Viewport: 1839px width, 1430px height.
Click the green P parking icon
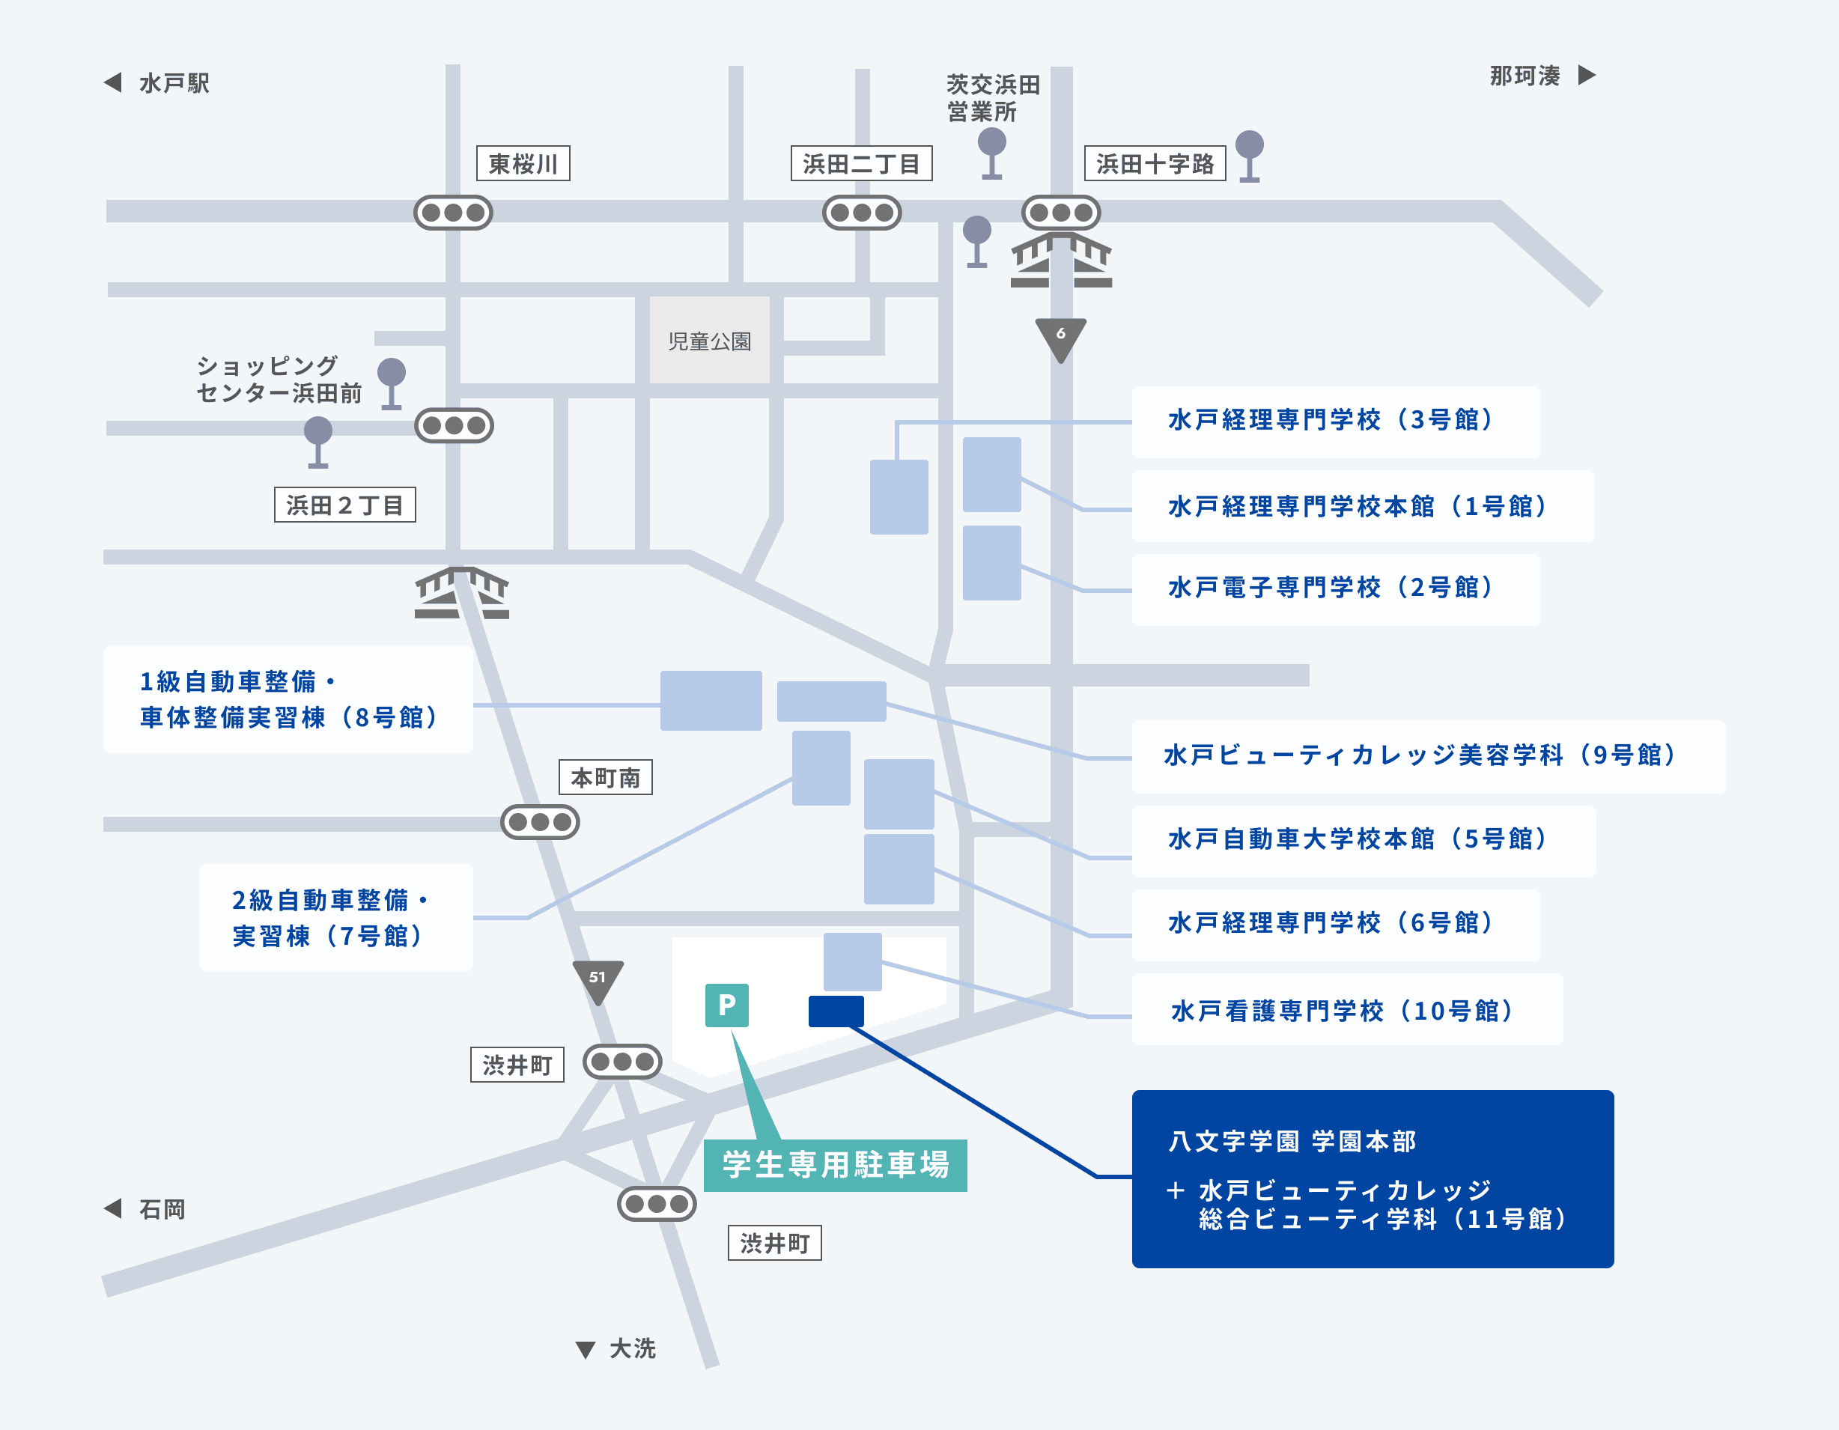[x=726, y=1005]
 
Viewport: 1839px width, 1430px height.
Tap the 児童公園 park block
[x=709, y=340]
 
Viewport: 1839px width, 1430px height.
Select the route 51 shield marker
[x=598, y=979]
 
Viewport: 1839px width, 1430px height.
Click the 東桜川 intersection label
[x=523, y=163]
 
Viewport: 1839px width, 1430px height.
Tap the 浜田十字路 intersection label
[x=1154, y=163]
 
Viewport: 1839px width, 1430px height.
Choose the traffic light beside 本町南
[x=540, y=822]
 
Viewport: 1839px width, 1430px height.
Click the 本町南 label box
[x=606, y=777]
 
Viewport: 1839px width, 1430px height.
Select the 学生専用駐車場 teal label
[x=836, y=1165]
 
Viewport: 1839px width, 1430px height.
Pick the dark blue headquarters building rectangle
[x=836, y=1011]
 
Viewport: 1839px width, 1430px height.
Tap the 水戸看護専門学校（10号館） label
[x=1346, y=1010]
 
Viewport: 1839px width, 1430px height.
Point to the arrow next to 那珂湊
[x=1587, y=75]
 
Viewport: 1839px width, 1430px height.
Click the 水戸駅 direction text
[x=174, y=82]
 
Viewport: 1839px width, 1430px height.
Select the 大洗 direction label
[x=631, y=1348]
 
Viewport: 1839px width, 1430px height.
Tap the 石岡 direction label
[x=162, y=1209]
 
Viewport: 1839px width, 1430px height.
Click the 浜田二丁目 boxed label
[x=860, y=163]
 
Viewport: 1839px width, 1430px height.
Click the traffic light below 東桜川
[x=453, y=212]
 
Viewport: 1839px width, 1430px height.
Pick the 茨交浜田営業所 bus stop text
[x=992, y=97]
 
